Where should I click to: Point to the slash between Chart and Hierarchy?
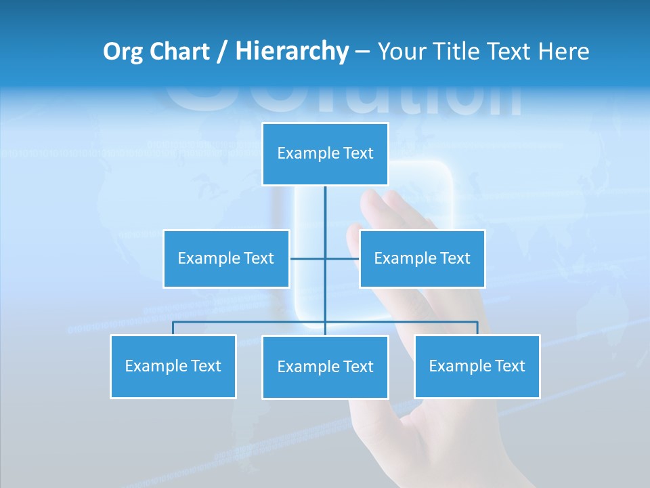click(x=221, y=52)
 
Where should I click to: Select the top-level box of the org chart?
click(x=325, y=154)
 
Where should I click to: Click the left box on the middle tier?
click(x=226, y=258)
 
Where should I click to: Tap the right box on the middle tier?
click(x=422, y=258)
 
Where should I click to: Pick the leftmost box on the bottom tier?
click(x=173, y=366)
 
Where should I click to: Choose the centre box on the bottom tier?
click(x=325, y=367)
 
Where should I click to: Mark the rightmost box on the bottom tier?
click(x=477, y=366)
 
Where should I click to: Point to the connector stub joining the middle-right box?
click(x=343, y=258)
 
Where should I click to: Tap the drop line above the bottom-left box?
click(x=173, y=328)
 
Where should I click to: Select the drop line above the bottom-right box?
click(x=477, y=328)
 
